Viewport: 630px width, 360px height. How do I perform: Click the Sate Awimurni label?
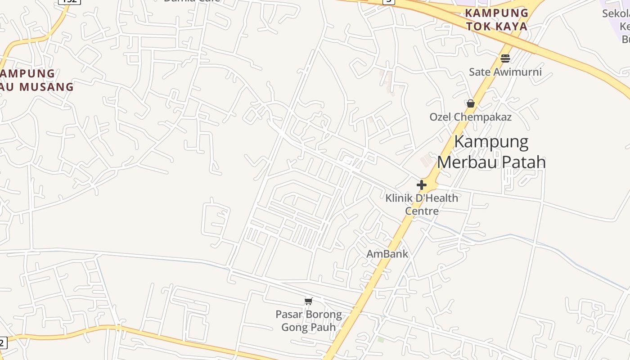[x=505, y=72]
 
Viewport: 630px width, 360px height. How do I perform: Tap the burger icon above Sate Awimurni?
[x=505, y=58]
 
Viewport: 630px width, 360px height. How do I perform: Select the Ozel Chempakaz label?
[x=470, y=117]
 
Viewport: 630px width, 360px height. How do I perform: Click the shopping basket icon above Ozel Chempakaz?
[x=471, y=103]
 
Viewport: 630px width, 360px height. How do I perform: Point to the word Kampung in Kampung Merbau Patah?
[x=491, y=142]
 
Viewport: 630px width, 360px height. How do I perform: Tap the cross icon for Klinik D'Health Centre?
[x=422, y=184]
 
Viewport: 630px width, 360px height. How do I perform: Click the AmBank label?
[x=387, y=254]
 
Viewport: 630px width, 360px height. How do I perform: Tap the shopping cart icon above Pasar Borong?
[x=308, y=301]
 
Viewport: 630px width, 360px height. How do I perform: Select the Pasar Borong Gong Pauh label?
[x=309, y=320]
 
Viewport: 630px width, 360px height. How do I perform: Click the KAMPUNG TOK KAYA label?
[x=497, y=19]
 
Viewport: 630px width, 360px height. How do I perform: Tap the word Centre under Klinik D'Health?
[x=422, y=211]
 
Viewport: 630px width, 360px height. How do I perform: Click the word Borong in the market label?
[x=324, y=314]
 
